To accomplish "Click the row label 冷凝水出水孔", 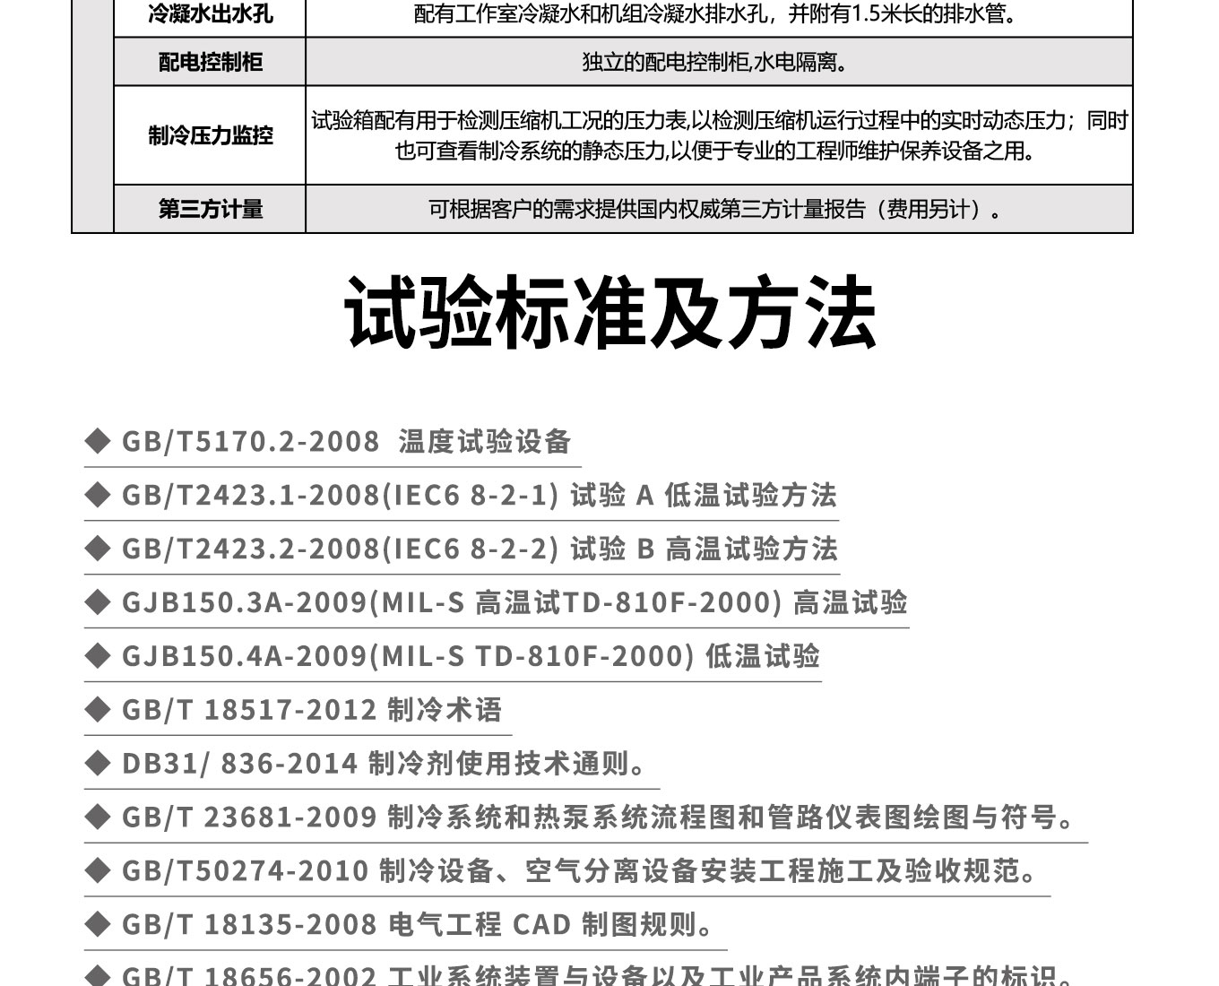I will pos(210,15).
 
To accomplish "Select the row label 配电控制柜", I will pos(210,62).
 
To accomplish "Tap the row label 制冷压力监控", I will pos(210,135).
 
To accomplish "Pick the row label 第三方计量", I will pos(210,209).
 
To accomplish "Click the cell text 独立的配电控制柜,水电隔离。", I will pos(714,62).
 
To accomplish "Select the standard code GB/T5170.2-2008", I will pos(251,442).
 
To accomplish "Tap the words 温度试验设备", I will pos(485,442).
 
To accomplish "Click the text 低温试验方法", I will pos(750,496).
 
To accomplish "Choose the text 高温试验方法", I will pos(751,549).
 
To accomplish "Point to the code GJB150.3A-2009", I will pos(245,603).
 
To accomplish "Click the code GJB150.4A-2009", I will pos(245,657).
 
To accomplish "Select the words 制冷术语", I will pos(445,711).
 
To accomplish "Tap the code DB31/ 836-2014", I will pos(239,765).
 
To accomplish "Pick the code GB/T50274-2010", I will pos(245,871).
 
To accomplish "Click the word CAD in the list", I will pos(541,925).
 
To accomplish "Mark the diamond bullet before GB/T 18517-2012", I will pos(97,710).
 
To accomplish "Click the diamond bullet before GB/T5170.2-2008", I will pos(97,441).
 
